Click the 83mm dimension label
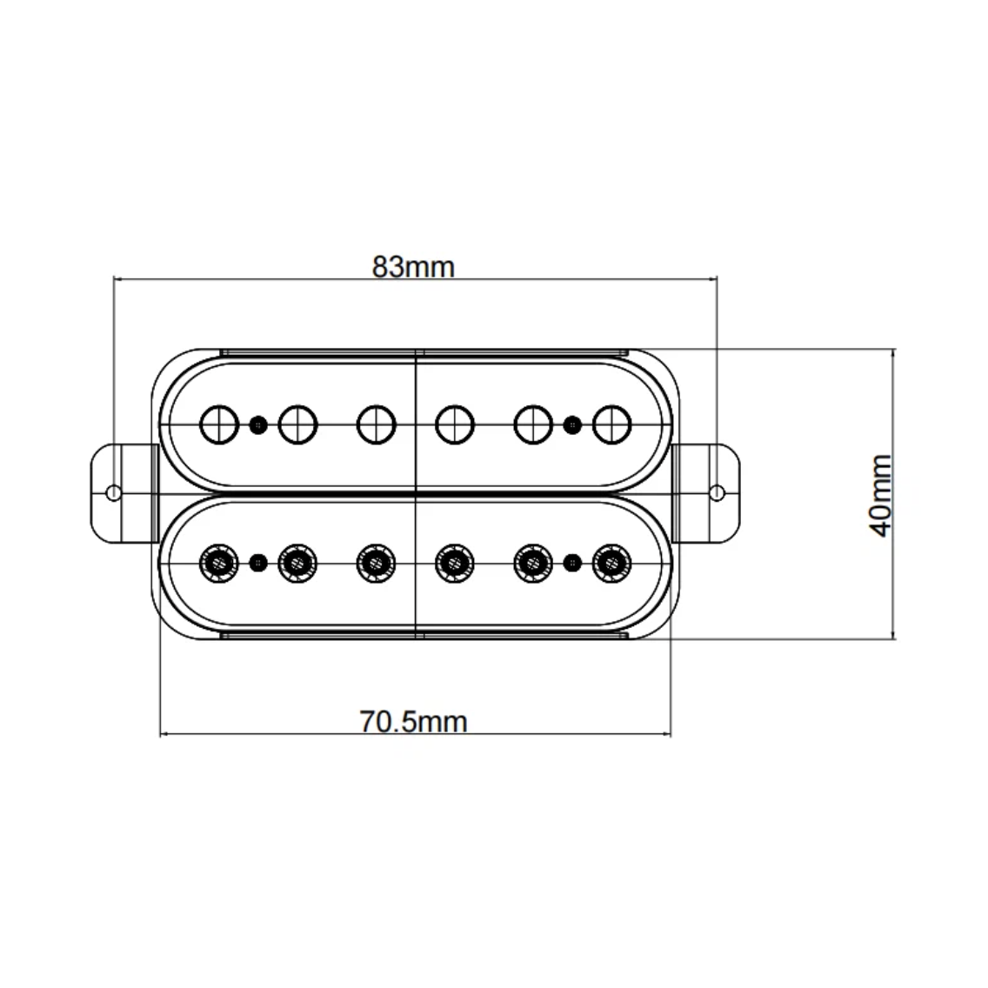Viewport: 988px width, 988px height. tap(413, 266)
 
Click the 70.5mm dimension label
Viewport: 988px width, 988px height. tap(413, 722)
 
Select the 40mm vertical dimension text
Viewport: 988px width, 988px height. tap(882, 495)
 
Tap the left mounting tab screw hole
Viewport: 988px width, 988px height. tap(113, 493)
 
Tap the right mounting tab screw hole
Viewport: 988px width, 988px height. tap(717, 493)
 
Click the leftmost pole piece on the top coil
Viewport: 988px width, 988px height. tap(218, 424)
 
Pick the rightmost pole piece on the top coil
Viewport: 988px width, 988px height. tap(612, 424)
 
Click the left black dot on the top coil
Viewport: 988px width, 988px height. tap(257, 424)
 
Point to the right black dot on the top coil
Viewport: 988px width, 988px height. tap(572, 424)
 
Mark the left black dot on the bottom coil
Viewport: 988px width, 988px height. tap(257, 563)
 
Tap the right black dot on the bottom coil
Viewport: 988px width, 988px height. tap(572, 563)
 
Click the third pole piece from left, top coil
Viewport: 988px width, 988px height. tap(376, 424)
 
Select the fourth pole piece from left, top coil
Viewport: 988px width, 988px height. tap(454, 424)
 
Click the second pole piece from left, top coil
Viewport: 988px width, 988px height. tap(297, 424)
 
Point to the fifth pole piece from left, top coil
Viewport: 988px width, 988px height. tap(533, 424)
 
